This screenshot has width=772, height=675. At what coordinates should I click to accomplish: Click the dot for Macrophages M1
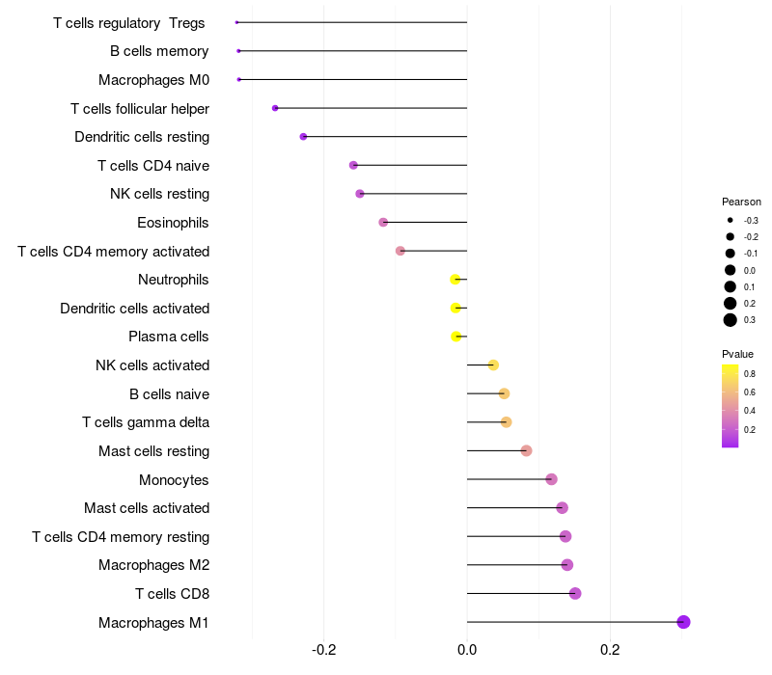(x=683, y=622)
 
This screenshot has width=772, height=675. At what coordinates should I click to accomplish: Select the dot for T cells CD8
(x=575, y=593)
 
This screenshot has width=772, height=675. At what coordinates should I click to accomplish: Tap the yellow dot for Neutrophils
(x=455, y=280)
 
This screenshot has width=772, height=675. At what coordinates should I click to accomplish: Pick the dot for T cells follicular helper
(x=275, y=108)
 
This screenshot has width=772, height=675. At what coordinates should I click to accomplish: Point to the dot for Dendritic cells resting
(x=303, y=137)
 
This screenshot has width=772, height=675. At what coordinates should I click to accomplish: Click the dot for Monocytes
(x=551, y=479)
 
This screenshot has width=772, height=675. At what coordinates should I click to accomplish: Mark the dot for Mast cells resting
(x=526, y=450)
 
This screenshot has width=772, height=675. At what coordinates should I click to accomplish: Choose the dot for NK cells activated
(x=493, y=364)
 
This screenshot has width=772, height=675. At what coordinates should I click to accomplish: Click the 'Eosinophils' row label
(x=174, y=223)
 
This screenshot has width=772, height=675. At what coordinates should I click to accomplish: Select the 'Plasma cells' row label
(x=169, y=337)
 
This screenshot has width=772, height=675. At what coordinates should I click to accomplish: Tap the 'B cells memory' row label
(x=159, y=51)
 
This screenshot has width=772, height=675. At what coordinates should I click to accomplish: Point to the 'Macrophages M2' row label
(x=153, y=565)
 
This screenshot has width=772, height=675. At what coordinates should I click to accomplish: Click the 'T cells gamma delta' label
(x=146, y=422)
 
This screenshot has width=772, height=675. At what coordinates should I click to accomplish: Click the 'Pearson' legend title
(x=741, y=202)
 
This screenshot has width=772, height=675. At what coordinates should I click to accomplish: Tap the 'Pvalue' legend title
(x=737, y=354)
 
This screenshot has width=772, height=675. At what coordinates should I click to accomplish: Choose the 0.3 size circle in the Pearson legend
(x=731, y=320)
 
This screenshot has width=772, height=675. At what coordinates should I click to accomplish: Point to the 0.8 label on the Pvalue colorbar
(x=750, y=373)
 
